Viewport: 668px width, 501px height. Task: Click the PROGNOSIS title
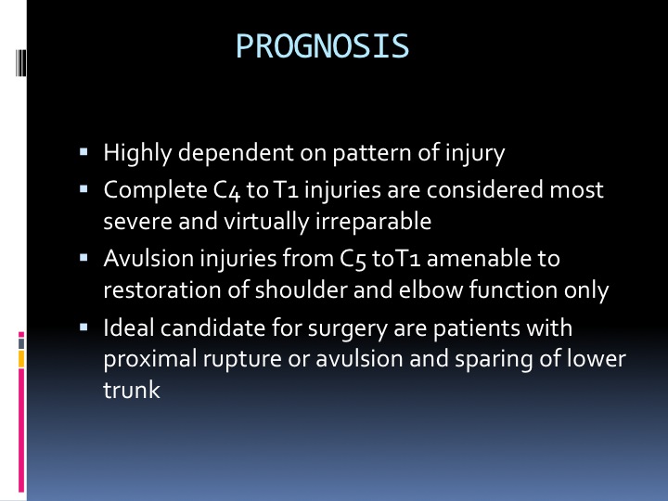click(x=323, y=46)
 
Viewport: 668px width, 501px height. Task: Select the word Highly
click(x=137, y=153)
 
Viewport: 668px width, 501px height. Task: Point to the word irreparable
click(x=373, y=222)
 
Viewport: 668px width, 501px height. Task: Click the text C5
click(x=353, y=259)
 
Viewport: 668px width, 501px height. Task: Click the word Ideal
click(x=129, y=328)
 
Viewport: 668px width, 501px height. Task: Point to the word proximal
click(x=149, y=359)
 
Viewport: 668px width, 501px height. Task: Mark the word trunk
click(x=132, y=390)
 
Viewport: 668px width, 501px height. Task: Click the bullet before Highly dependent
click(x=83, y=151)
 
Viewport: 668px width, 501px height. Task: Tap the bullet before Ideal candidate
click(x=83, y=328)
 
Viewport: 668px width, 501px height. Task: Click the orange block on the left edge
click(x=20, y=359)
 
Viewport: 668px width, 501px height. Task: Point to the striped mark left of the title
click(x=20, y=63)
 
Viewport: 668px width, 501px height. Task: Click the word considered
click(x=485, y=190)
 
